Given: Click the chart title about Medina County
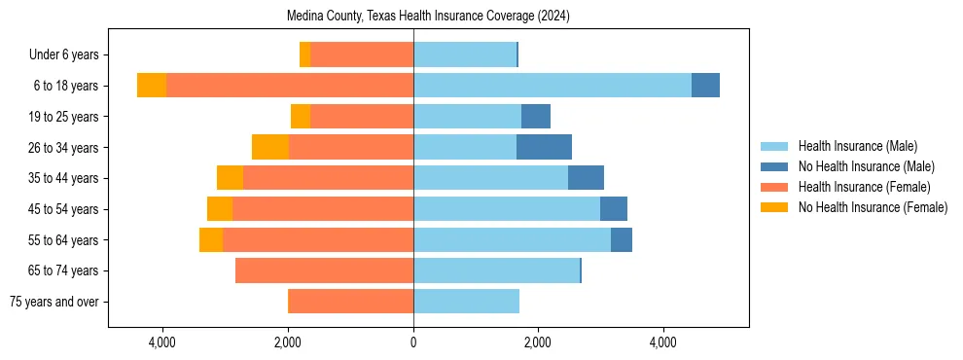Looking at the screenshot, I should pos(428,17).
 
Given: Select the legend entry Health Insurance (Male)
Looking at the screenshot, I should pos(857,146).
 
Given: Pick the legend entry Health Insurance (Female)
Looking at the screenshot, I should pos(864,187).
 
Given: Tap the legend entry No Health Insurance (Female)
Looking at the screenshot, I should pos(872,207).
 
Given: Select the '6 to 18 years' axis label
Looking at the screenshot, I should pos(65,86).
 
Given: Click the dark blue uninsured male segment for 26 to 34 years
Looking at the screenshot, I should pos(544,147).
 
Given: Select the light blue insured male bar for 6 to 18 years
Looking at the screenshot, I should pos(552,86).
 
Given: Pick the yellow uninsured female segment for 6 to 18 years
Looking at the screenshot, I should pos(152,86).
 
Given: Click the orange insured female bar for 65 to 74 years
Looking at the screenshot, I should pos(324,270).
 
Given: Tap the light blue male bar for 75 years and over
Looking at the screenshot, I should pos(466,302).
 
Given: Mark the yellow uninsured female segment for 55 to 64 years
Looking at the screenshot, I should pos(211,239).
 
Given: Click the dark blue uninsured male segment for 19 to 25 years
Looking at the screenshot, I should pos(536,117).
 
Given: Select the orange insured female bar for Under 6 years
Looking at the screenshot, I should pos(362,54).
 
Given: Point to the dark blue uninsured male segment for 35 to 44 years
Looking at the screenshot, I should pos(586,178).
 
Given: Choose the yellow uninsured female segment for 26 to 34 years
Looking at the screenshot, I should pos(270,147).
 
